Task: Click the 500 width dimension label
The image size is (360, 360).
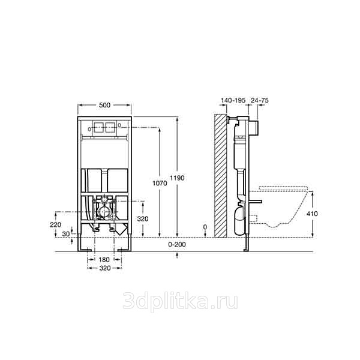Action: pyautogui.click(x=104, y=105)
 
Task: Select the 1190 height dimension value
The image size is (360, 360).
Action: pyautogui.click(x=177, y=178)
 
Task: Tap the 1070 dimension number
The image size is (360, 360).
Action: pyautogui.click(x=160, y=183)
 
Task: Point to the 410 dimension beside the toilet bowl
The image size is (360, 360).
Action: pyautogui.click(x=312, y=214)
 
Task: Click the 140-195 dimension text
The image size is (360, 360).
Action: pyautogui.click(x=233, y=100)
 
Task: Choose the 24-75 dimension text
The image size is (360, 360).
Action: pyautogui.click(x=259, y=100)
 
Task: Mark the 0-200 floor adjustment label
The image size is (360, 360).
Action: pyautogui.click(x=177, y=245)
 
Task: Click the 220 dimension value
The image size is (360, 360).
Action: pyautogui.click(x=56, y=224)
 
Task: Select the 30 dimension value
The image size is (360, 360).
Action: pyautogui.click(x=66, y=234)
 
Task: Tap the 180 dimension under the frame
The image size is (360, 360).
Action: pyautogui.click(x=104, y=260)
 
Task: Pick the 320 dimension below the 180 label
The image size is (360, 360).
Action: pyautogui.click(x=104, y=268)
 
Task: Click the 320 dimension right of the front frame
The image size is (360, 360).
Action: pyautogui.click(x=143, y=219)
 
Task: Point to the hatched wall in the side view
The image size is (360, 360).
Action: pyautogui.click(x=220, y=175)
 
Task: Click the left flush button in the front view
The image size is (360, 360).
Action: pyautogui.click(x=98, y=127)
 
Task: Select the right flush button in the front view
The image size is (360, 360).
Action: pyautogui.click(x=110, y=127)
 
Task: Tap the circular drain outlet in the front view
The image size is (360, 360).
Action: pyautogui.click(x=104, y=211)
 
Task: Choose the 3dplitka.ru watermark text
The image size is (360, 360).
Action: pyautogui.click(x=180, y=301)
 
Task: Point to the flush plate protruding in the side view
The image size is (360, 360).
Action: pyautogui.click(x=253, y=129)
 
